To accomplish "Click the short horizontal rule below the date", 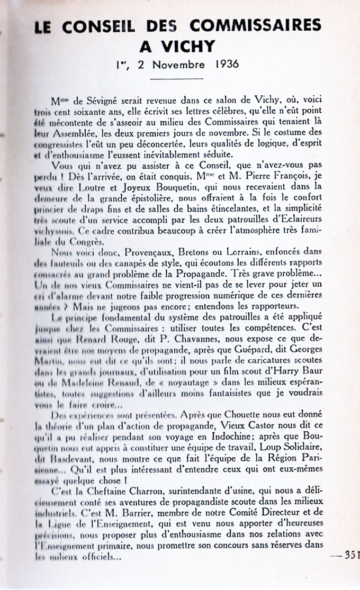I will coord(179,78).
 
